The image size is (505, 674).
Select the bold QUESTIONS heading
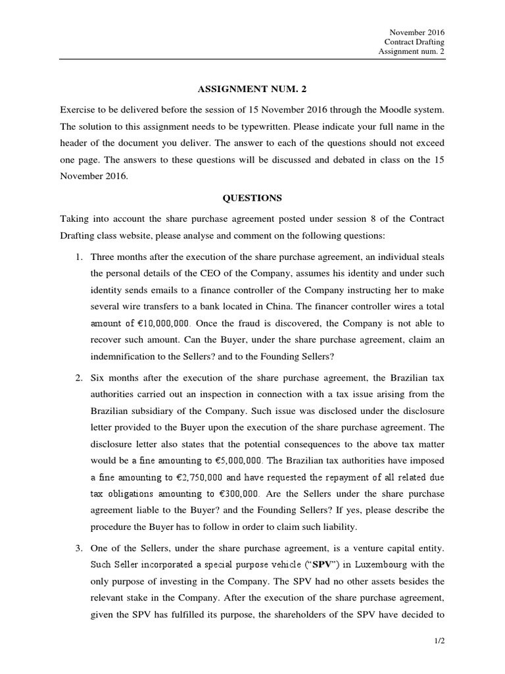pyautogui.click(x=252, y=197)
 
